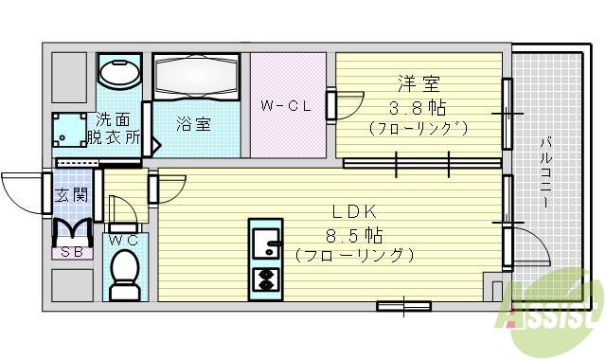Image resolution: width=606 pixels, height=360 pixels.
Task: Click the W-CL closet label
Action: click(x=286, y=106)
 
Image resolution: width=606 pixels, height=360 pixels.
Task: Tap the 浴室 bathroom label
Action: click(x=195, y=124)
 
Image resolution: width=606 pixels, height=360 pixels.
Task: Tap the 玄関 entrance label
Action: click(x=72, y=196)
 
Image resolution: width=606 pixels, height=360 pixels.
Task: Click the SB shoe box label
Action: click(x=72, y=252)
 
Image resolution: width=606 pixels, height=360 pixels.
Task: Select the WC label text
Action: click(x=123, y=242)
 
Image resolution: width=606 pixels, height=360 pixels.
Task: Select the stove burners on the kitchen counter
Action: click(x=266, y=279)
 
